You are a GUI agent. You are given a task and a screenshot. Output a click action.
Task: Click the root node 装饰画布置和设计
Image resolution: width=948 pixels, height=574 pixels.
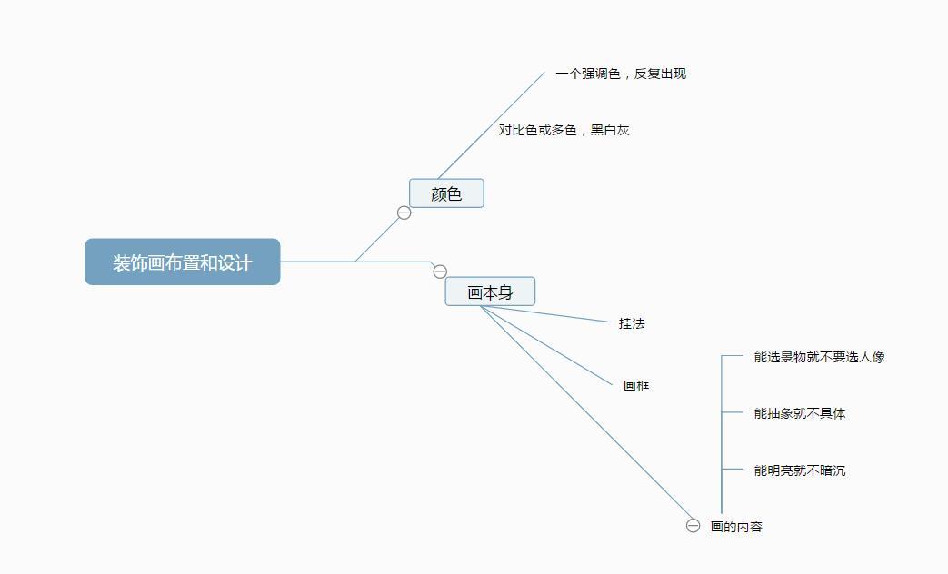[182, 262]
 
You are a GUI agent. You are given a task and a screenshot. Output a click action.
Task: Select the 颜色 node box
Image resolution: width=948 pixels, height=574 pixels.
[446, 193]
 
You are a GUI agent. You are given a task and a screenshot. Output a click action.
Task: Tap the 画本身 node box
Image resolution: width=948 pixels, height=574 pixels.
[490, 292]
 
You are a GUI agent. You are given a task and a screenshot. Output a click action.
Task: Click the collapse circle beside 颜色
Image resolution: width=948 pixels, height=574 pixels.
[404, 213]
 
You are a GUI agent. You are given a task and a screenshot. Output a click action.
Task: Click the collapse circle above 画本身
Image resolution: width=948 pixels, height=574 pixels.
[440, 272]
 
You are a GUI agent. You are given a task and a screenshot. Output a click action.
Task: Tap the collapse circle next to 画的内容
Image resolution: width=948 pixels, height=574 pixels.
[694, 526]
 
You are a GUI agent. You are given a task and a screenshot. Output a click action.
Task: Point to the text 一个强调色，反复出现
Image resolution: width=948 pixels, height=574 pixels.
[621, 74]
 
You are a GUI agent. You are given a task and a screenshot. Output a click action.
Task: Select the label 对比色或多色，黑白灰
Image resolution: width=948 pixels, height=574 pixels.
[564, 130]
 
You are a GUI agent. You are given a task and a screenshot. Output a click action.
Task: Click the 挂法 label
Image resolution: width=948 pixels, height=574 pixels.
[632, 323]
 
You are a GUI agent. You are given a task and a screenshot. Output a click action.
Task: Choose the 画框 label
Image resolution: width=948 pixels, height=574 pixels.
[636, 386]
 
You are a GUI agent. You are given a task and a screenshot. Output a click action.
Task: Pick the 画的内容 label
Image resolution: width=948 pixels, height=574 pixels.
[736, 527]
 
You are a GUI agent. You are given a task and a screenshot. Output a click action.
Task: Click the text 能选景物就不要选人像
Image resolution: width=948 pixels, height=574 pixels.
[819, 357]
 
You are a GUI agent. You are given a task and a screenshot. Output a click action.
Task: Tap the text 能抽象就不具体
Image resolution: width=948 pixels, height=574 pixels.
[800, 413]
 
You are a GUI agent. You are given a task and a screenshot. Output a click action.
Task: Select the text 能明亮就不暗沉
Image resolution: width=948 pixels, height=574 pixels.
[800, 470]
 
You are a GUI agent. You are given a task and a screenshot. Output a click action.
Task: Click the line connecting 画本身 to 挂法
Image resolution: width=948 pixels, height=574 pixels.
[545, 314]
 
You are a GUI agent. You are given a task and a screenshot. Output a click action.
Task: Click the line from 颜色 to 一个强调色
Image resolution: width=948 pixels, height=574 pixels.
[491, 125]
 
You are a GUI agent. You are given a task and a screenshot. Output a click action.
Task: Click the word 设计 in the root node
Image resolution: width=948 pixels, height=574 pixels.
[235, 262]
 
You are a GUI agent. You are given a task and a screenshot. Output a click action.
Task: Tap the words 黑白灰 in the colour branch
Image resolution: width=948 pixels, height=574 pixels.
[610, 130]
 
